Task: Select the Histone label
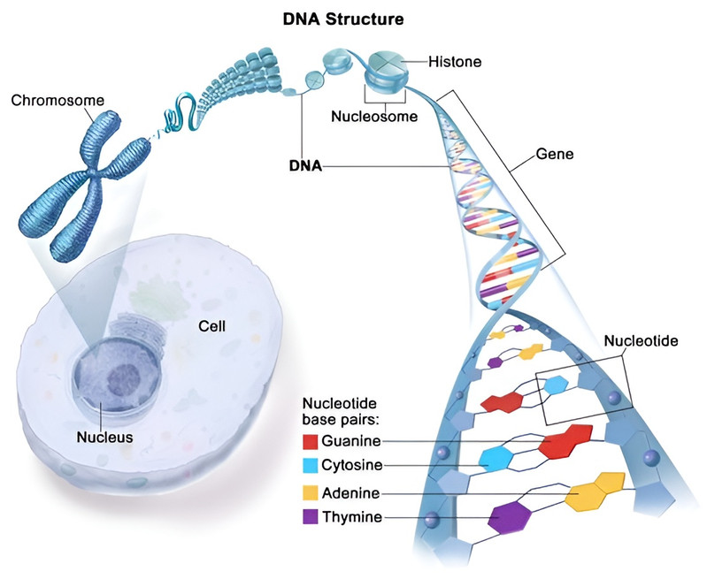[454, 62]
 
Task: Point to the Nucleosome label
[373, 116]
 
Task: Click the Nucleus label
[104, 437]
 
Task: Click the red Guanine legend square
[311, 440]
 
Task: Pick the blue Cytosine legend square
[311, 465]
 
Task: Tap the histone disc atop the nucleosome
[387, 62]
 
